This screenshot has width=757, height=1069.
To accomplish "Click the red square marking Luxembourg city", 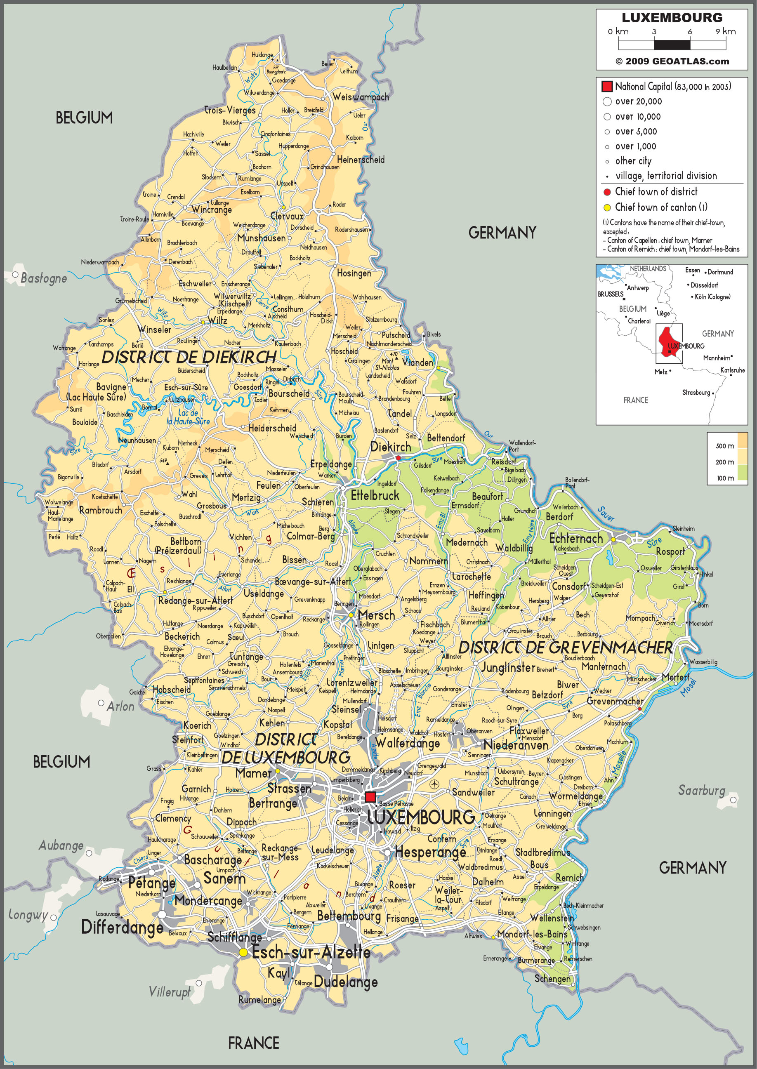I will click(x=370, y=796).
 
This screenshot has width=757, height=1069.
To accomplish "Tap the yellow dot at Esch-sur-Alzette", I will click(x=243, y=953).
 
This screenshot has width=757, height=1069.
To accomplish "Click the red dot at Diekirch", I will click(x=398, y=458).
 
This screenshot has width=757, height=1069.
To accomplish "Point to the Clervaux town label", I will click(x=287, y=216).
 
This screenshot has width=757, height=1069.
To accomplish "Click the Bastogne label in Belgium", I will click(x=44, y=278).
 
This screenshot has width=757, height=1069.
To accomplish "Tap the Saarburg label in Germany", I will click(x=702, y=790).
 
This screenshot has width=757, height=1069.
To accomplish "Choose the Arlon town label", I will click(x=120, y=706).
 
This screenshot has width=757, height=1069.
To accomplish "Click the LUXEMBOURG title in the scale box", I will click(x=672, y=18).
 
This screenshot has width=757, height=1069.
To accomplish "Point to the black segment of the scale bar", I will click(x=672, y=45).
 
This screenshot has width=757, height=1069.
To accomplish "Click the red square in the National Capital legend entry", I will click(x=607, y=86).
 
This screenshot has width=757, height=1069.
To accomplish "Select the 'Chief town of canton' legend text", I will click(x=660, y=207).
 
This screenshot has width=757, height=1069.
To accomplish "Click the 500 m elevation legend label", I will click(x=724, y=446).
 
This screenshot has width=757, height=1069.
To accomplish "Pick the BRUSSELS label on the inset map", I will click(x=610, y=294).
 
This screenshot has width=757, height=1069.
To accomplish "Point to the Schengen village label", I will click(x=552, y=979).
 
